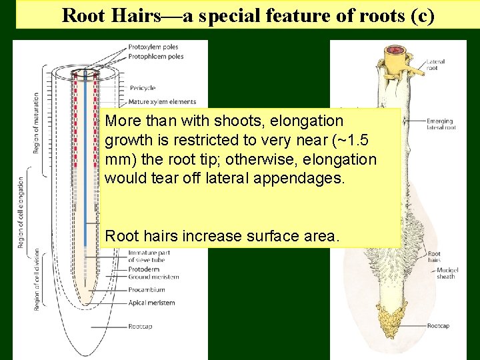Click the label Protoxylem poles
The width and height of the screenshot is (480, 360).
(155, 47)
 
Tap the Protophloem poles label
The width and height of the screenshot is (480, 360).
(157, 57)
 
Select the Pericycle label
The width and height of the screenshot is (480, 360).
(142, 88)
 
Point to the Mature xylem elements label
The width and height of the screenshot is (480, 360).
(162, 102)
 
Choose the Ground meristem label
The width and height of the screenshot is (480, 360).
(153, 277)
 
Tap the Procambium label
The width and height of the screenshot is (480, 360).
(146, 290)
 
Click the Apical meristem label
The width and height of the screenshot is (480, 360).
(151, 303)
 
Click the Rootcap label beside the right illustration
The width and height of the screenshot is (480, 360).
(439, 326)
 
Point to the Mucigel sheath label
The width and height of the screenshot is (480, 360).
(446, 273)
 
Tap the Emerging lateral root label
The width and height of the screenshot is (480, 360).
(441, 124)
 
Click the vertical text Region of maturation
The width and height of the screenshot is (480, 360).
(36, 123)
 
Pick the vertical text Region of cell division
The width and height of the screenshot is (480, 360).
(36, 279)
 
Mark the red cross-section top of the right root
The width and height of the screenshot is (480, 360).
(398, 50)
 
